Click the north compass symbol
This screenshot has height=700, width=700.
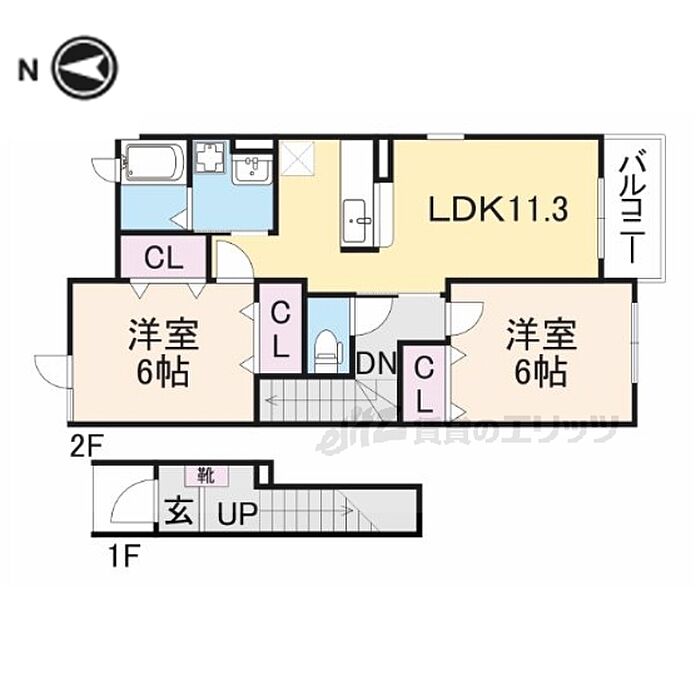[84, 69]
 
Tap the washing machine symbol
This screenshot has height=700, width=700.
[210, 158]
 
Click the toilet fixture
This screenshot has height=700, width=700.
[325, 348]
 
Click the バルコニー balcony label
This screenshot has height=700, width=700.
[630, 208]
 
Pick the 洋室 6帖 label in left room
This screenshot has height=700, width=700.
[162, 353]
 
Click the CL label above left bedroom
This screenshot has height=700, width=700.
[163, 258]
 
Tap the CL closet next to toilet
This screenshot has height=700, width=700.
[281, 331]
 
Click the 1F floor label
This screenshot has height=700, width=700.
[123, 549]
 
